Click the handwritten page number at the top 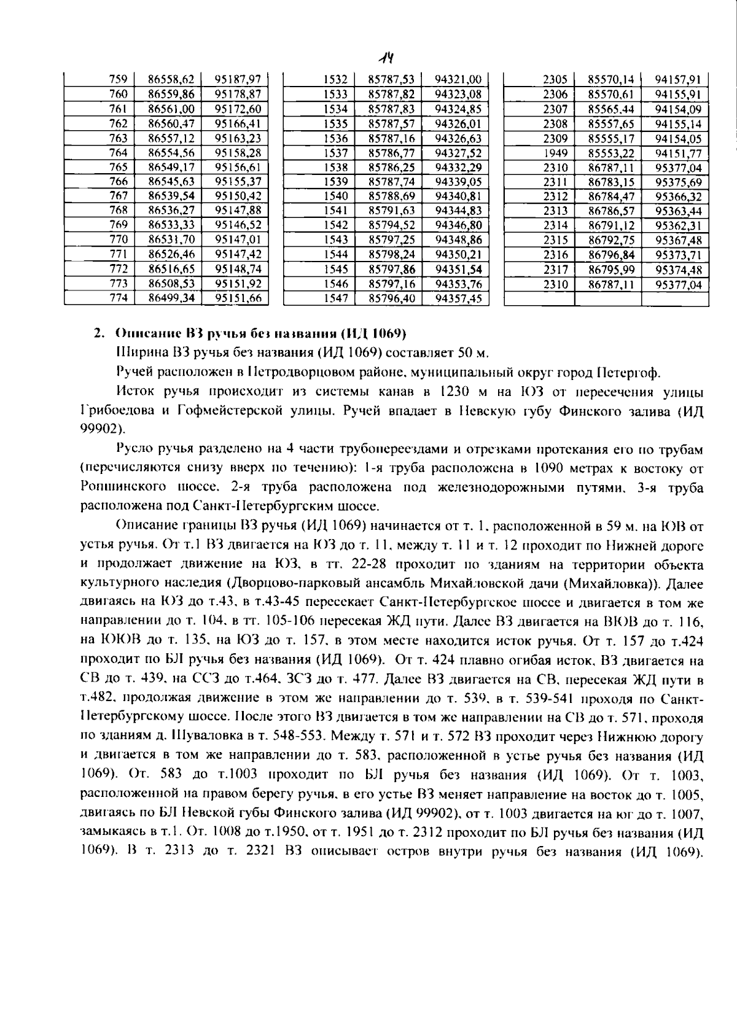[386, 58]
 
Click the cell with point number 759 [117, 79]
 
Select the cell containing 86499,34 [171, 298]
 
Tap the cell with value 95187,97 [238, 79]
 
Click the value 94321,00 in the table [458, 79]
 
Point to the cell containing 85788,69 [391, 196]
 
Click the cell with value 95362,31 [677, 226]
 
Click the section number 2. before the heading [98, 335]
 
